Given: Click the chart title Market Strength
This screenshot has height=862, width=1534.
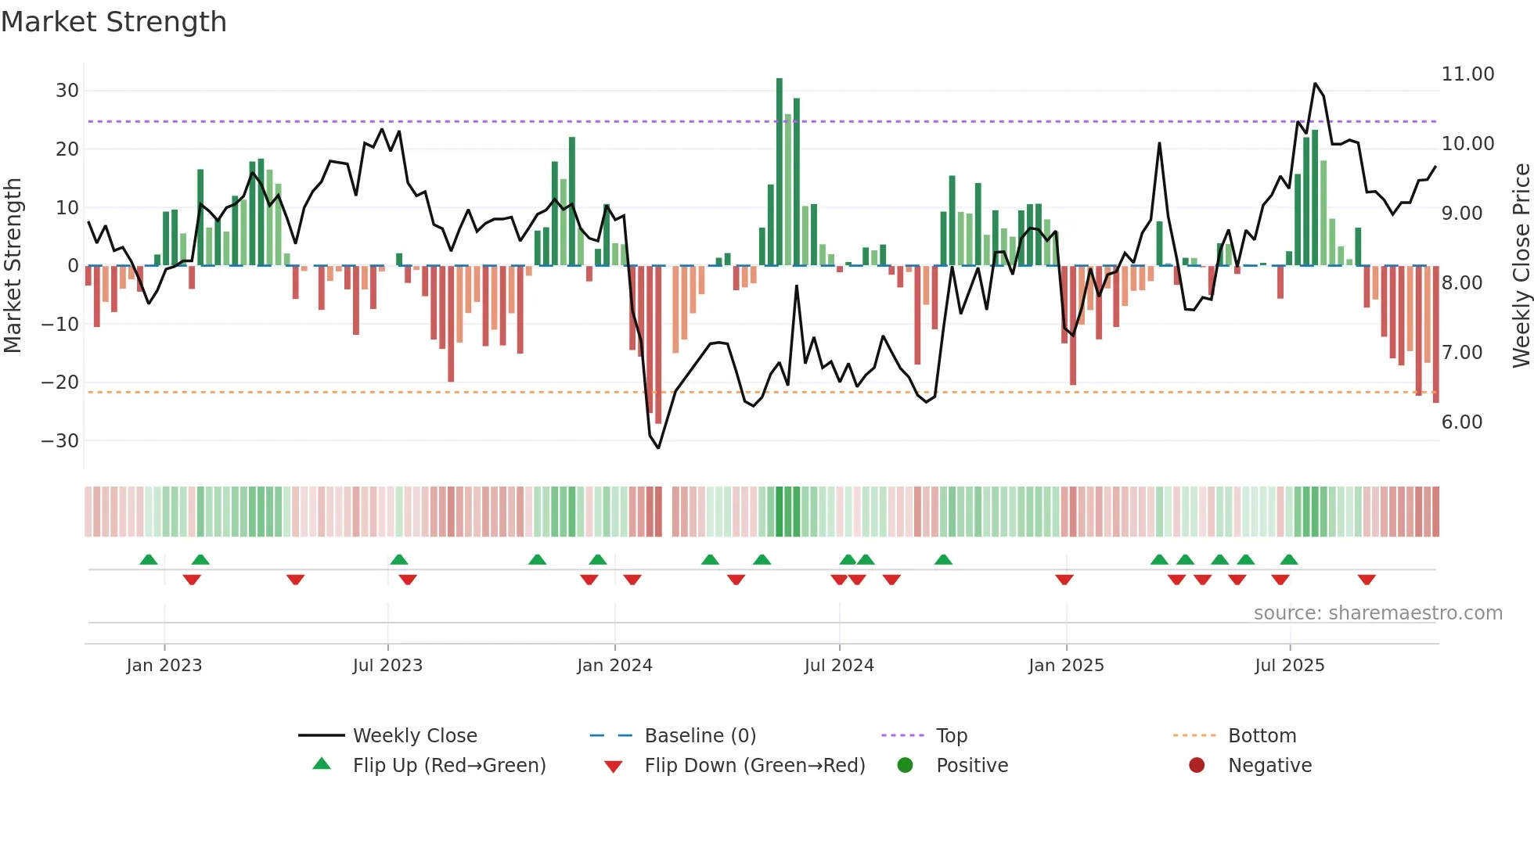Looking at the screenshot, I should pyautogui.click(x=113, y=22).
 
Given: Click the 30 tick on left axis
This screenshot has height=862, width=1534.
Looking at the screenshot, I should pyautogui.click(x=67, y=91).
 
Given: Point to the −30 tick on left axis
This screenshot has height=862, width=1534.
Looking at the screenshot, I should pyautogui.click(x=61, y=441).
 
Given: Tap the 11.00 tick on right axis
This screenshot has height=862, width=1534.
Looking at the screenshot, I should pyautogui.click(x=1467, y=74).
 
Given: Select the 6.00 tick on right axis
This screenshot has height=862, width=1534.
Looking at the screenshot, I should pyautogui.click(x=1461, y=422).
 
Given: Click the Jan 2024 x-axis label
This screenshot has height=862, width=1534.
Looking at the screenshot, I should pyautogui.click(x=614, y=666).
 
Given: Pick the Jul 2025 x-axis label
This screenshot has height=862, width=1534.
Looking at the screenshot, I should pyautogui.click(x=1289, y=666).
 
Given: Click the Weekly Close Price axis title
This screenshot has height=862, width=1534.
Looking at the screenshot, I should pyautogui.click(x=1521, y=266).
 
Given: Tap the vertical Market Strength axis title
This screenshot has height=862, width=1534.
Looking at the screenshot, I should pyautogui.click(x=13, y=266).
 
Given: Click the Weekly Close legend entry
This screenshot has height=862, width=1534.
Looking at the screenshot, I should pyautogui.click(x=414, y=736).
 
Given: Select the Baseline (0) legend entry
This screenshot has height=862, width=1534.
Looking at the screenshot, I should pyautogui.click(x=700, y=736).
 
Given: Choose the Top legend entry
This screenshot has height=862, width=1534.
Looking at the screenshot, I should pyautogui.click(x=951, y=736).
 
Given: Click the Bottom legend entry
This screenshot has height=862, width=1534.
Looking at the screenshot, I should pyautogui.click(x=1262, y=736).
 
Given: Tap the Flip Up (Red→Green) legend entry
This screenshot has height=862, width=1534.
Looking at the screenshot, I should pyautogui.click(x=448, y=766).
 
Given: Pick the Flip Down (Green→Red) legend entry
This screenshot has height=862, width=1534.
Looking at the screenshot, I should pyautogui.click(x=754, y=766).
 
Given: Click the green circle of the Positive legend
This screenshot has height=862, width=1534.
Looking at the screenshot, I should pyautogui.click(x=906, y=766).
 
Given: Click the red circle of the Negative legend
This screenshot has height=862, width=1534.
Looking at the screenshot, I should pyautogui.click(x=1197, y=766).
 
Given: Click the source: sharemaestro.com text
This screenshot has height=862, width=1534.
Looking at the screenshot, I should pyautogui.click(x=1377, y=613).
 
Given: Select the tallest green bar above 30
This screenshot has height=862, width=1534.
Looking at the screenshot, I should pyautogui.click(x=780, y=172).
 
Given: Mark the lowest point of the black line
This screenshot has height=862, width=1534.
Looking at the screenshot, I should pyautogui.click(x=658, y=447).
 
